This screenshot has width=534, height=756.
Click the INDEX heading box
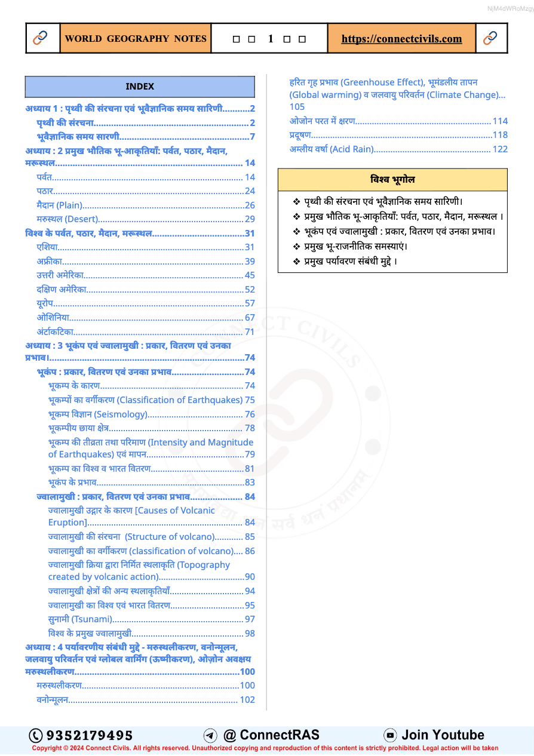[x=140, y=87]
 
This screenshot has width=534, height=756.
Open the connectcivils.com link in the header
[x=401, y=39]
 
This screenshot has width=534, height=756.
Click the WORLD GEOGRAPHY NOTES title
[x=136, y=39]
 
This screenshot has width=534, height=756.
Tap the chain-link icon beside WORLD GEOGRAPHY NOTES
[x=40, y=38]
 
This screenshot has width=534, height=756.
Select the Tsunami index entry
[x=80, y=619]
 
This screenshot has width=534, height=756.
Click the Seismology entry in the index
[x=97, y=414]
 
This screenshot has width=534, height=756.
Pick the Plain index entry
[x=59, y=205]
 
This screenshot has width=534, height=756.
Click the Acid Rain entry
[x=332, y=149]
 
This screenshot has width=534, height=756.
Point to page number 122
[x=500, y=149]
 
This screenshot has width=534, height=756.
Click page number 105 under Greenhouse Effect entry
[x=297, y=106]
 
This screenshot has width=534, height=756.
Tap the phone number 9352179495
[x=89, y=735]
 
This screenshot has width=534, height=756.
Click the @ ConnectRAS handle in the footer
[x=271, y=735]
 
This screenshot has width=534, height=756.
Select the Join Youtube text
[x=443, y=735]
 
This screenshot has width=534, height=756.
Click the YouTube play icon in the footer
[x=390, y=735]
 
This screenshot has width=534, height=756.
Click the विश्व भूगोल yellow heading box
[x=392, y=179]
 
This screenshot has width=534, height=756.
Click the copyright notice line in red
[x=265, y=748]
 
